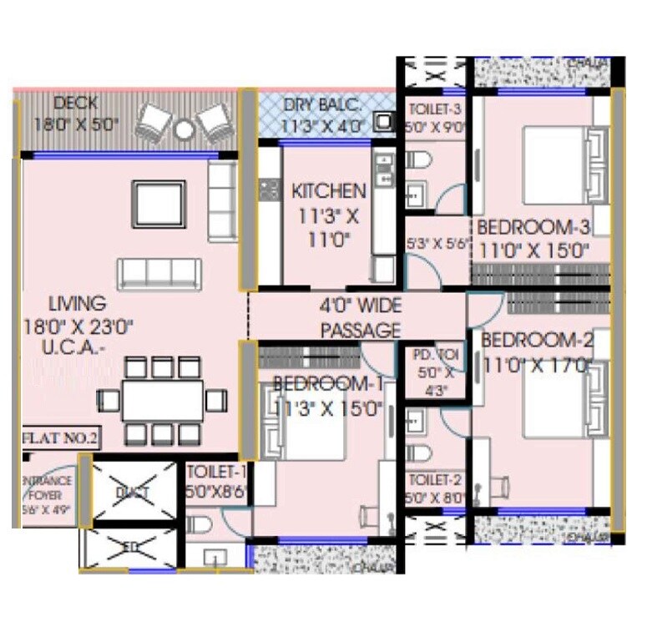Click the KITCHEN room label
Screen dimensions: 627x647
point(328,192)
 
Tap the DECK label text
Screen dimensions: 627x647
point(76,104)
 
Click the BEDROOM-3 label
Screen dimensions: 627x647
point(533,227)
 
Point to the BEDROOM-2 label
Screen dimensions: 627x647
point(537,341)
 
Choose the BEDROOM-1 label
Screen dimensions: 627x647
point(327,385)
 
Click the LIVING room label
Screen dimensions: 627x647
point(78,303)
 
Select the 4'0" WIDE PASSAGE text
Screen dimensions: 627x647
point(360,318)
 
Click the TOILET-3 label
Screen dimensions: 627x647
point(433,109)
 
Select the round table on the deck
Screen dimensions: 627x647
point(184,129)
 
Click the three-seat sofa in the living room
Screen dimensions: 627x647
point(159,272)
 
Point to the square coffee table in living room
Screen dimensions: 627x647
point(159,203)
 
